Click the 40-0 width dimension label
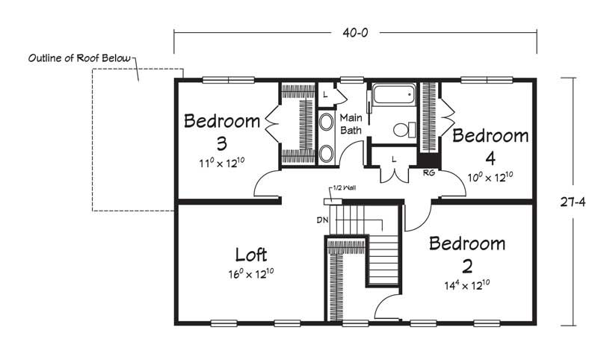click(x=355, y=33)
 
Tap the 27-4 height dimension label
click(x=573, y=202)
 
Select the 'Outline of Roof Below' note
click(x=79, y=58)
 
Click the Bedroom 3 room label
click(x=222, y=131)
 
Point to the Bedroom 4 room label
click(x=490, y=146)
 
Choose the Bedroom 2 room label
click(x=467, y=255)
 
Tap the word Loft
click(x=250, y=255)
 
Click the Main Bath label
click(x=351, y=124)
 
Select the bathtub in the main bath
click(x=394, y=93)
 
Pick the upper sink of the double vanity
click(x=326, y=122)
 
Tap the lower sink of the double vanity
click(x=326, y=154)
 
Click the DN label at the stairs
click(x=323, y=220)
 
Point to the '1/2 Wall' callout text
click(x=345, y=187)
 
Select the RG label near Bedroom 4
click(x=429, y=173)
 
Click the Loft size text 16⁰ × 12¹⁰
click(x=251, y=274)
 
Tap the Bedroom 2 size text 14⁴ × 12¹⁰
click(x=467, y=285)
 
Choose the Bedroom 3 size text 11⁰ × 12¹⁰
click(x=221, y=163)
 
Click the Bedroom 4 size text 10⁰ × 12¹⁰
click(x=490, y=177)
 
